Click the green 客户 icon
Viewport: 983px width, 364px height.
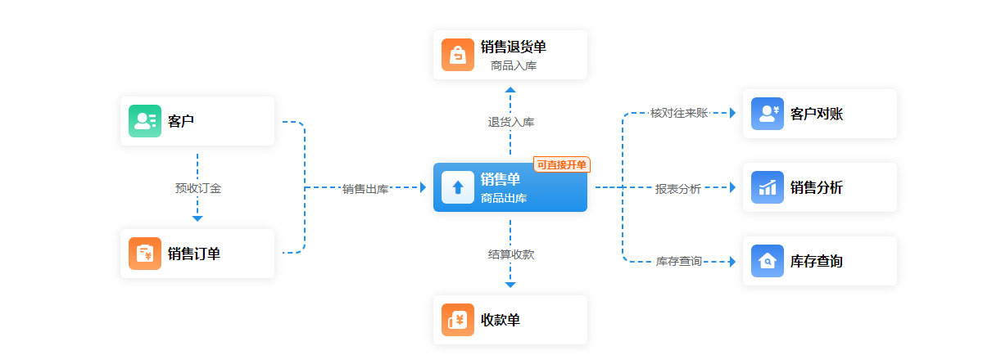coord(145,121)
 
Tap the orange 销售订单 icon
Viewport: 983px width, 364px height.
coord(145,254)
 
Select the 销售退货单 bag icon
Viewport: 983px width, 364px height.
coord(458,55)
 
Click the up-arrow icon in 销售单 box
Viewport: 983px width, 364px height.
coord(458,187)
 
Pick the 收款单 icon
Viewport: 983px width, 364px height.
coord(458,320)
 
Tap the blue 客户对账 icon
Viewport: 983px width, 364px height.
coord(768,114)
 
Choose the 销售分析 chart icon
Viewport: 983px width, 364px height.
coord(768,187)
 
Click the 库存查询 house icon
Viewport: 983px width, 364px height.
coord(768,261)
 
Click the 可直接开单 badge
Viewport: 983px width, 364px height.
coord(562,165)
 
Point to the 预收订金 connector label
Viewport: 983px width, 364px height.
coord(197,188)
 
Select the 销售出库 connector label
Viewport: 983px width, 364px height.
coord(365,189)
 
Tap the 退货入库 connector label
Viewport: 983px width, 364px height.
coord(511,123)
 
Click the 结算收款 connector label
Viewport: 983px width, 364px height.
coord(511,254)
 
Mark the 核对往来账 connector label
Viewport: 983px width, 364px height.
coord(678,113)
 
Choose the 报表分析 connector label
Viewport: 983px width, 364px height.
coord(678,189)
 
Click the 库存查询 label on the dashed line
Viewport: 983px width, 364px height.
coord(678,262)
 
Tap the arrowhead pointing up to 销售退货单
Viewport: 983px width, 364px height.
coord(510,89)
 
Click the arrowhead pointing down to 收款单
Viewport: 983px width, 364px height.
coord(510,285)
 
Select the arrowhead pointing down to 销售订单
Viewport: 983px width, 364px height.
coord(197,218)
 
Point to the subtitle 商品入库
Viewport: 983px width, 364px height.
coord(514,65)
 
